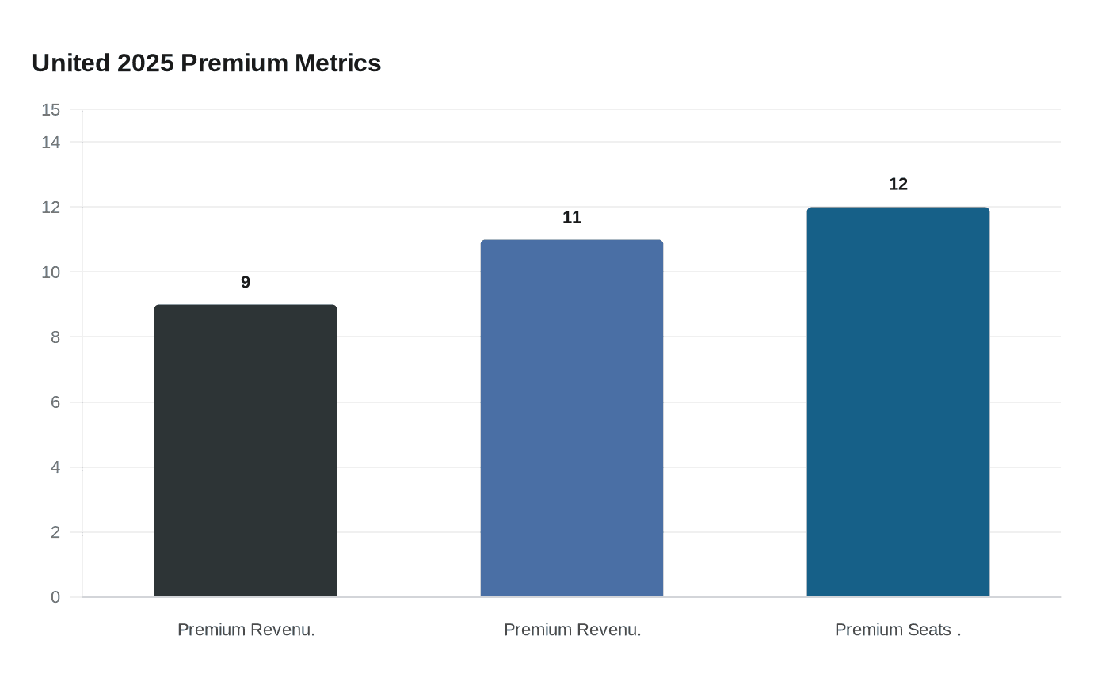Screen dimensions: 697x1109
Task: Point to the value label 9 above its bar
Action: pyautogui.click(x=246, y=283)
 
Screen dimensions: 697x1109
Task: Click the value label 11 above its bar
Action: pyautogui.click(x=572, y=218)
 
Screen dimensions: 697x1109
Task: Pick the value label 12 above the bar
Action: pyautogui.click(x=898, y=185)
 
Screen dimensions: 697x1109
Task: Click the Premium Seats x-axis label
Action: pyautogui.click(x=897, y=630)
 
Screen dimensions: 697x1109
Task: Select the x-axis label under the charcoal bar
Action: pyautogui.click(x=246, y=630)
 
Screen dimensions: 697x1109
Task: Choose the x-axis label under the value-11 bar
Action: pyautogui.click(x=572, y=630)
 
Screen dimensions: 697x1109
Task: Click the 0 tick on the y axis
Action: pyautogui.click(x=55, y=597)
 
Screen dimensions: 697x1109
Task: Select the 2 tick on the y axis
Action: pyautogui.click(x=55, y=532)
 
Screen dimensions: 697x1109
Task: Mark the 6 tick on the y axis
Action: pyautogui.click(x=55, y=402)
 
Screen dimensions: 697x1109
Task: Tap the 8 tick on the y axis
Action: pyautogui.click(x=55, y=337)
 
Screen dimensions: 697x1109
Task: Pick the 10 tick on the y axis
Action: pyautogui.click(x=51, y=272)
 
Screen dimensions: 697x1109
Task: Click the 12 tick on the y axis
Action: pyautogui.click(x=51, y=208)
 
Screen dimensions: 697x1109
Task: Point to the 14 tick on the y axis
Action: pyautogui.click(x=51, y=143)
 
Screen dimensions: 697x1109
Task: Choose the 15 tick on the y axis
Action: pyautogui.click(x=51, y=110)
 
